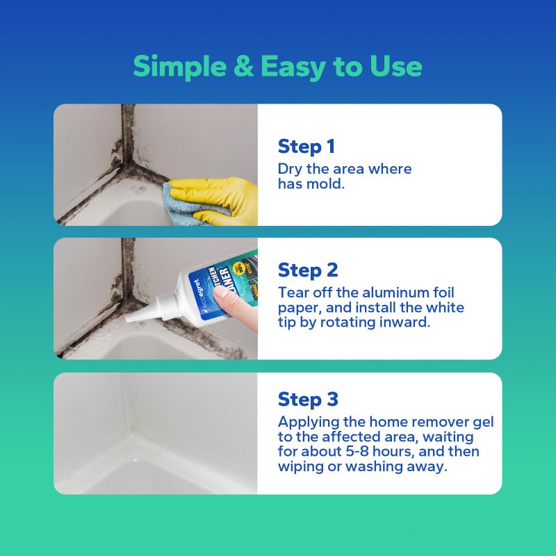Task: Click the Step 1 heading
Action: point(306,147)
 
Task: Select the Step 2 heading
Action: point(308,270)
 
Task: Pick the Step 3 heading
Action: point(308,400)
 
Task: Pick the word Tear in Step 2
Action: point(293,293)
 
